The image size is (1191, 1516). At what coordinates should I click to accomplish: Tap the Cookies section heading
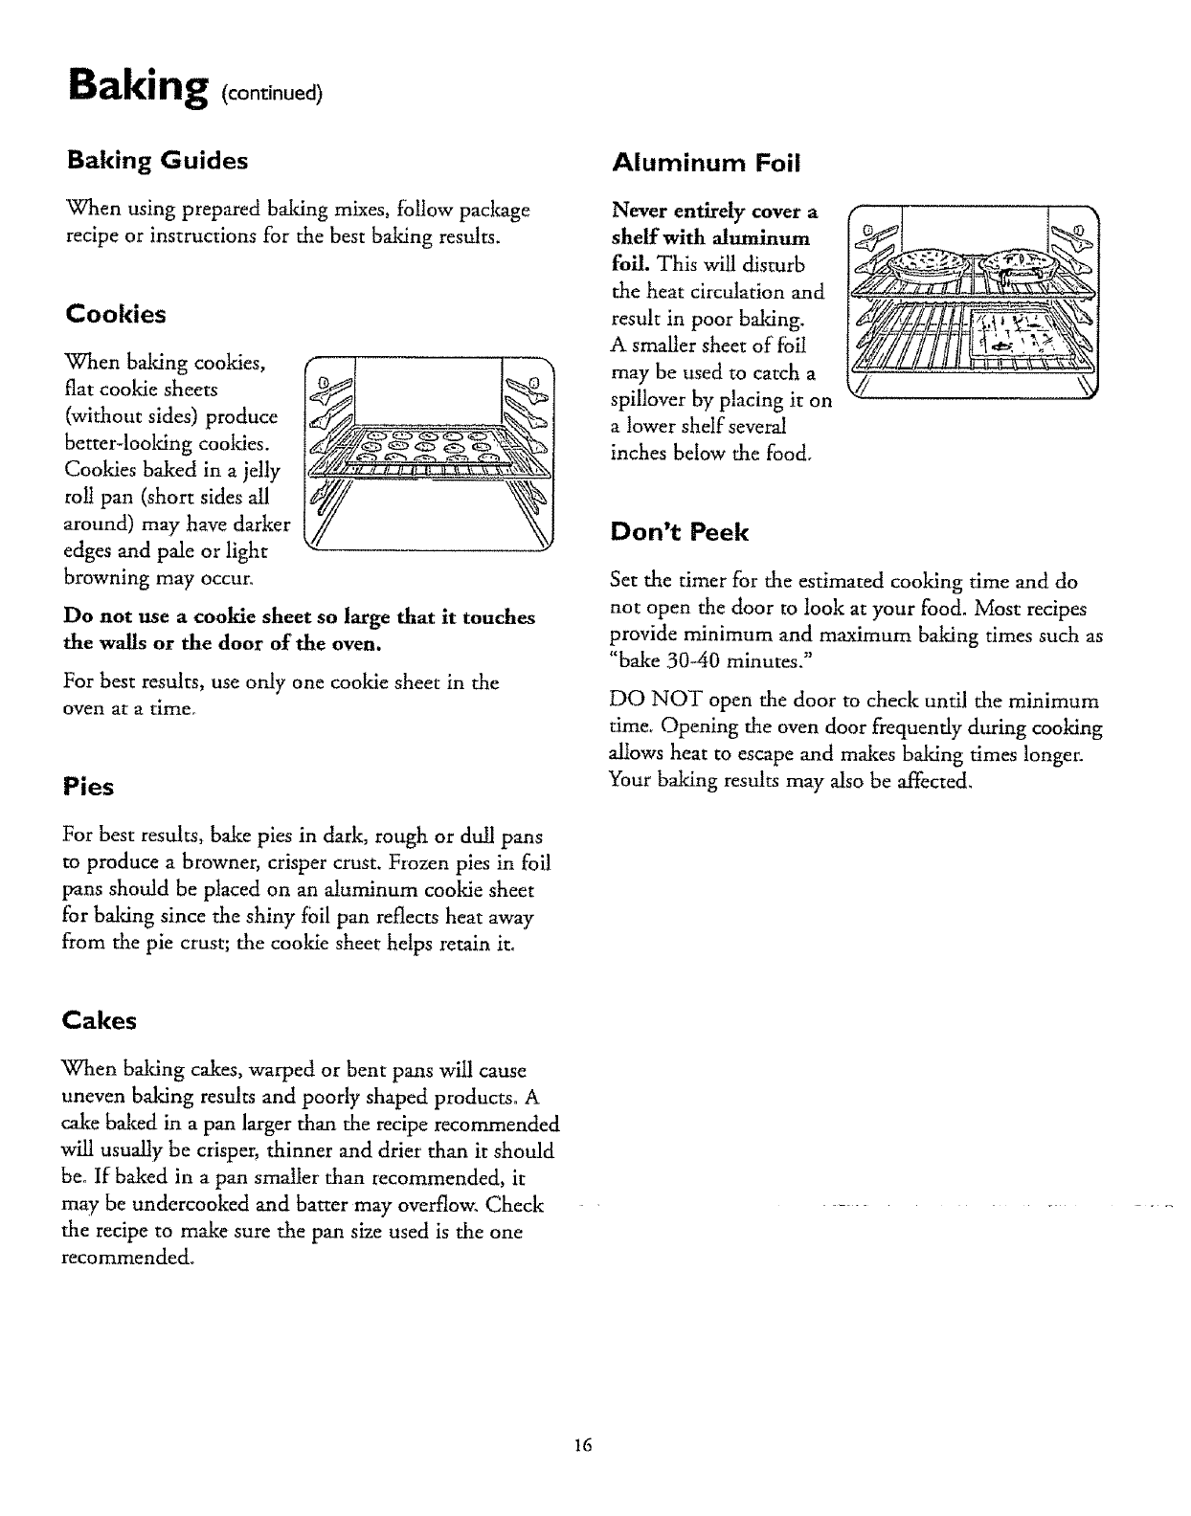click(115, 314)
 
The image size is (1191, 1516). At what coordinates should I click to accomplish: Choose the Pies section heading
click(88, 787)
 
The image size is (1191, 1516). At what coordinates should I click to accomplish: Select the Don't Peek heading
click(679, 532)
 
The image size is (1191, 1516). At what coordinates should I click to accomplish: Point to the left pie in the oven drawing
click(924, 261)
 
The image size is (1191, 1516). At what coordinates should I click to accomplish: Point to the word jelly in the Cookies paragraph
click(259, 471)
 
